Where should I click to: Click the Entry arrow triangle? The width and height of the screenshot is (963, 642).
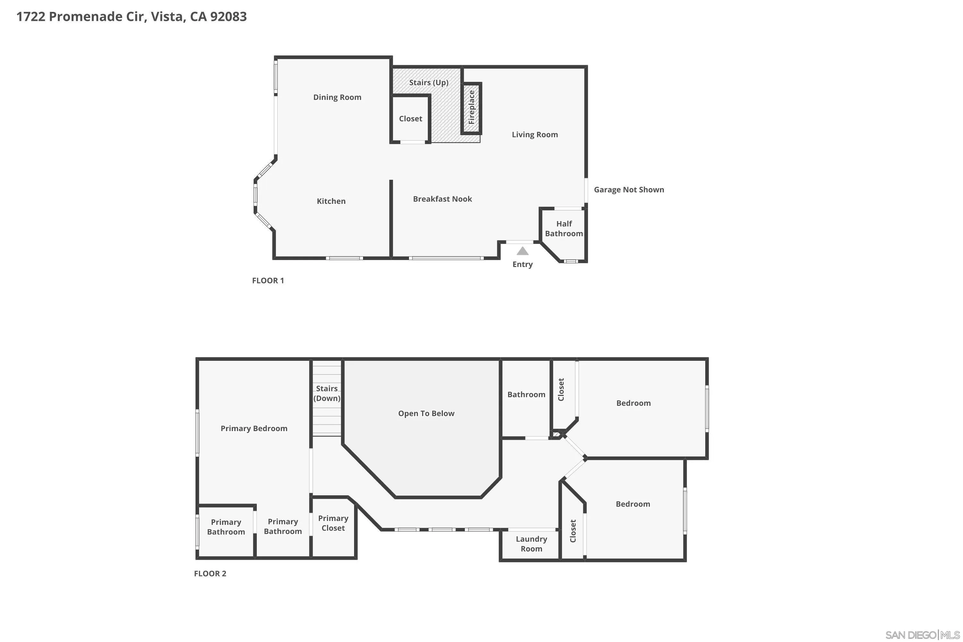[523, 251]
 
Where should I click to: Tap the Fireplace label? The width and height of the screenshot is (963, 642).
[471, 108]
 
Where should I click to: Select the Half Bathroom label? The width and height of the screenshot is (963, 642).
[564, 229]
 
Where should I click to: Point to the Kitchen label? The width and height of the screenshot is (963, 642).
[331, 201]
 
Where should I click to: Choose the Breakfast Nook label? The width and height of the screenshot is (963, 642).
[442, 199]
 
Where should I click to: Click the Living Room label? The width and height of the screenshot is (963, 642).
[534, 135]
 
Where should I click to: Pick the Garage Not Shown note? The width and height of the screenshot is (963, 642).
[629, 190]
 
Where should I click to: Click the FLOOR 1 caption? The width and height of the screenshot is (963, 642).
[268, 281]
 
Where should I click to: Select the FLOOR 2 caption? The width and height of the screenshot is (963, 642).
[210, 574]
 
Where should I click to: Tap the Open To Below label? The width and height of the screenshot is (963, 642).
[426, 413]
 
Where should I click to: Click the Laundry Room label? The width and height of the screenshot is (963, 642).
[531, 544]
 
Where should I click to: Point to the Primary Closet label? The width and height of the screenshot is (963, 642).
[333, 523]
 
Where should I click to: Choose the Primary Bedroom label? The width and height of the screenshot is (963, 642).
[254, 429]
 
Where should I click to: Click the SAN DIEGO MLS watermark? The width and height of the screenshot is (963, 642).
[923, 635]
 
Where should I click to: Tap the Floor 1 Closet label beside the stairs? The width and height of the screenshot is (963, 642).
[410, 119]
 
